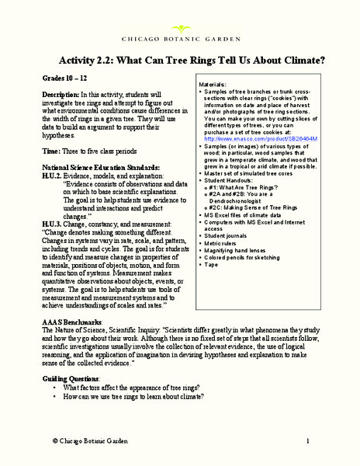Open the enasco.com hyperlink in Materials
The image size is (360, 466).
[252, 139]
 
